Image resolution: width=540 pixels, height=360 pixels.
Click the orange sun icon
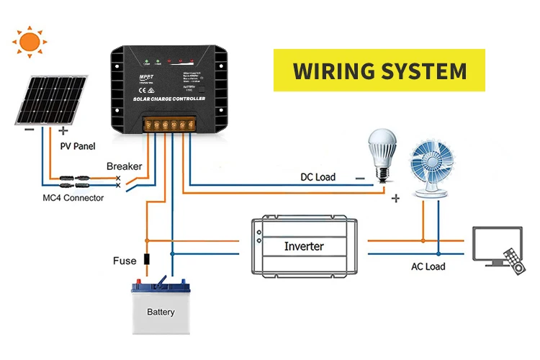[x=30, y=41]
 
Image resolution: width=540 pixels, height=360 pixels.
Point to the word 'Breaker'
[x=125, y=166]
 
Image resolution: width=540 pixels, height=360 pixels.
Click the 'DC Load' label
[x=318, y=177]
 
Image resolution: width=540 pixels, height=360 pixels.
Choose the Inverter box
[x=304, y=246]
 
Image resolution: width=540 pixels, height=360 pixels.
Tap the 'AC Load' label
[x=428, y=266]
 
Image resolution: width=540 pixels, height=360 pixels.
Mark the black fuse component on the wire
[x=147, y=260]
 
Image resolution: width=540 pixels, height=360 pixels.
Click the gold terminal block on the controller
[x=169, y=125]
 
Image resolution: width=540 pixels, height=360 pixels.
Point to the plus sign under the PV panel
[x=63, y=131]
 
